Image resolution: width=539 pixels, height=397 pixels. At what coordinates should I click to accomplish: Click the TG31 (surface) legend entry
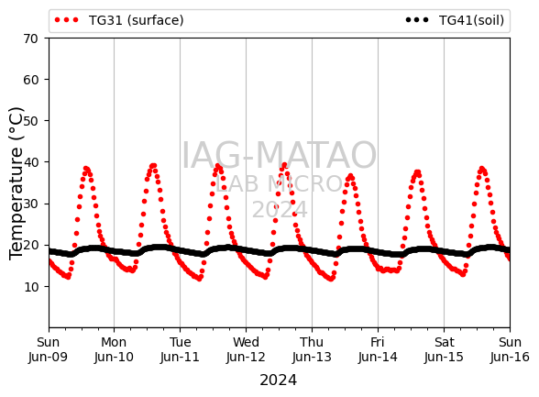click(x=119, y=20)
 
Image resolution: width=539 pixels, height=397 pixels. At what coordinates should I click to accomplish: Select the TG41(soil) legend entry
click(x=455, y=20)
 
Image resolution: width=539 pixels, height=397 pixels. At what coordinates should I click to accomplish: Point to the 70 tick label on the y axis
click(x=30, y=39)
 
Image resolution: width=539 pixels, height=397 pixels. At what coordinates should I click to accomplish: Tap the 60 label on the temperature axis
click(x=30, y=80)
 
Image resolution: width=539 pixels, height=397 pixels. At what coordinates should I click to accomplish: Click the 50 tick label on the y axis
click(x=30, y=121)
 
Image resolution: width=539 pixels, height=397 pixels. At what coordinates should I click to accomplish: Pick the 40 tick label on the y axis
click(x=30, y=162)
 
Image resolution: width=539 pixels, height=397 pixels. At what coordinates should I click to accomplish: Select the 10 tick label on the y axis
click(x=30, y=287)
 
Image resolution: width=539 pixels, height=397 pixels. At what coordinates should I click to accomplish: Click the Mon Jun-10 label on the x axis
click(x=114, y=349)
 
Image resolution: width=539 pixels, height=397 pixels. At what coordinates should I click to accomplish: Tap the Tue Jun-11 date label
click(x=180, y=349)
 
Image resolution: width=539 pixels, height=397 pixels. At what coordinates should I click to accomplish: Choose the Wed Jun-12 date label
click(x=246, y=349)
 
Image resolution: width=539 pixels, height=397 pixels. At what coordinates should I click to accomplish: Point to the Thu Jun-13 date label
click(x=312, y=349)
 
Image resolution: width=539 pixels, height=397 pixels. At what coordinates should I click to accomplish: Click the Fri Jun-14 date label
click(x=378, y=349)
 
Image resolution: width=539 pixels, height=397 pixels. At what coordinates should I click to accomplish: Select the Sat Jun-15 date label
click(x=444, y=349)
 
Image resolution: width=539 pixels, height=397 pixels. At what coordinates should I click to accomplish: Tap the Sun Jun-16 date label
click(x=510, y=349)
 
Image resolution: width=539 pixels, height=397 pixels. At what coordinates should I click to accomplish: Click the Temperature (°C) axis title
click(x=16, y=183)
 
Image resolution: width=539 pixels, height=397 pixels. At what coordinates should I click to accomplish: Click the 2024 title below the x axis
click(x=278, y=380)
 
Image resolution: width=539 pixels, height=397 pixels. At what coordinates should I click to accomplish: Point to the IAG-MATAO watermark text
click(x=279, y=155)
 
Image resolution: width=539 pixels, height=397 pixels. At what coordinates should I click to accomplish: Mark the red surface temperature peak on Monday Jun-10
click(x=153, y=166)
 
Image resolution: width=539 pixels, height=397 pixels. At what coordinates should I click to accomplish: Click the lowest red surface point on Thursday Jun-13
click(x=331, y=279)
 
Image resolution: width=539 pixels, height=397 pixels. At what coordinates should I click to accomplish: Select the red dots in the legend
click(x=66, y=20)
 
